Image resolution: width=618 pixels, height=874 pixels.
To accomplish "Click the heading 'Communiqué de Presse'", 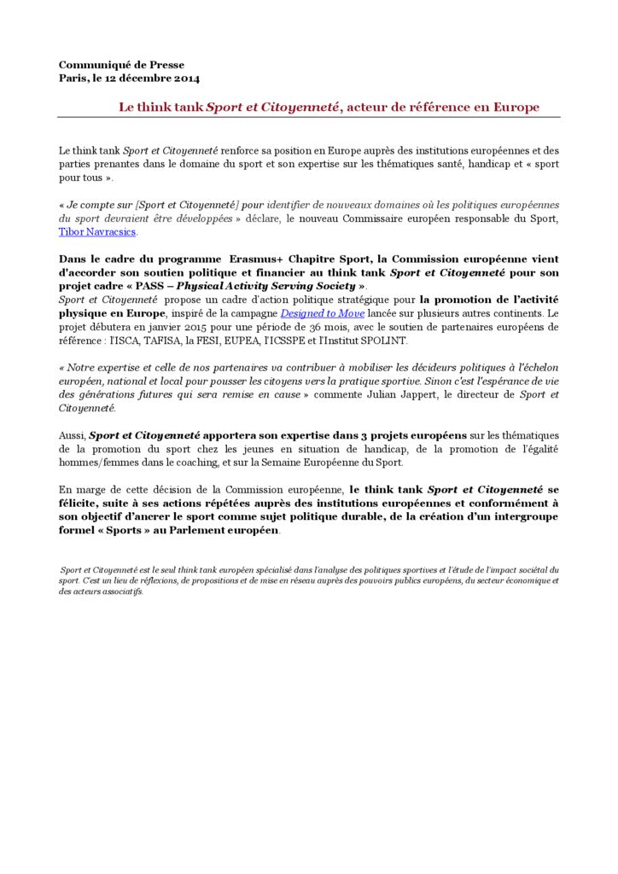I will [121, 65].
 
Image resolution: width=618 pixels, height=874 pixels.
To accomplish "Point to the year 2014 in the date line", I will [186, 79].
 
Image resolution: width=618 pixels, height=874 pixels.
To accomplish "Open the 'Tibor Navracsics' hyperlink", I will [97, 231].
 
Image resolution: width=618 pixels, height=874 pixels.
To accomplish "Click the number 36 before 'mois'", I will [348, 327].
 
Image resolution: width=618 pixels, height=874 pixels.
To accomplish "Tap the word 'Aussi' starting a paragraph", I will [72, 435].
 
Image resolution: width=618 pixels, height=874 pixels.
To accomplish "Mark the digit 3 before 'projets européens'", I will [363, 435].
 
